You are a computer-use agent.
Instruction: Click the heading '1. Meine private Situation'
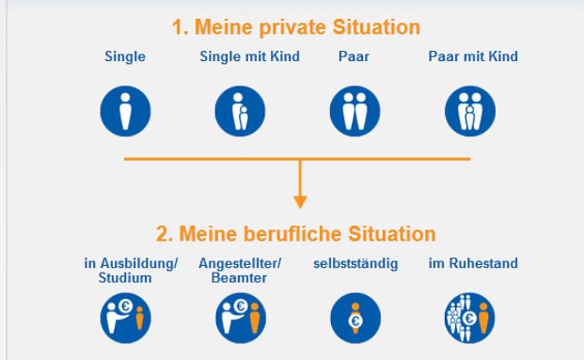pyautogui.click(x=295, y=26)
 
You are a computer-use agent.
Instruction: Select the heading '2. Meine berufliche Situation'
pyautogui.click(x=295, y=233)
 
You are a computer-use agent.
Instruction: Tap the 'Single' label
pyautogui.click(x=125, y=56)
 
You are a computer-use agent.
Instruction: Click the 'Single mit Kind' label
pyautogui.click(x=249, y=56)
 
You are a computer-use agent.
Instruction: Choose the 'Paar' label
pyautogui.click(x=354, y=56)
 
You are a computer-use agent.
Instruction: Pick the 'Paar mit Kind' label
pyautogui.click(x=473, y=56)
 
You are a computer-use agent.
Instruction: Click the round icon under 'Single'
pyautogui.click(x=125, y=111)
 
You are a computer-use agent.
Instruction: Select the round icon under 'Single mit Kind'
pyautogui.click(x=240, y=111)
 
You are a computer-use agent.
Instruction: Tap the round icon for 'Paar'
pyautogui.click(x=355, y=111)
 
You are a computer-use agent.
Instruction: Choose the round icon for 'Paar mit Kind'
pyautogui.click(x=469, y=111)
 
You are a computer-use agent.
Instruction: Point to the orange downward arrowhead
pyautogui.click(x=300, y=200)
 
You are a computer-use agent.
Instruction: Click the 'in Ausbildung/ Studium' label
pyautogui.click(x=131, y=271)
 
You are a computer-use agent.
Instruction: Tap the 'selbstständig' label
pyautogui.click(x=355, y=264)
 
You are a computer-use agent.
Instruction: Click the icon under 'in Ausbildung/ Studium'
pyautogui.click(x=125, y=318)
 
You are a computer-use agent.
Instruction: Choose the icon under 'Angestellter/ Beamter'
pyautogui.click(x=240, y=318)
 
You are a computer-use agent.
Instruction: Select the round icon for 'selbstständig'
pyautogui.click(x=355, y=318)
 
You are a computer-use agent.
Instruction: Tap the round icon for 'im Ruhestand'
pyautogui.click(x=469, y=318)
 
